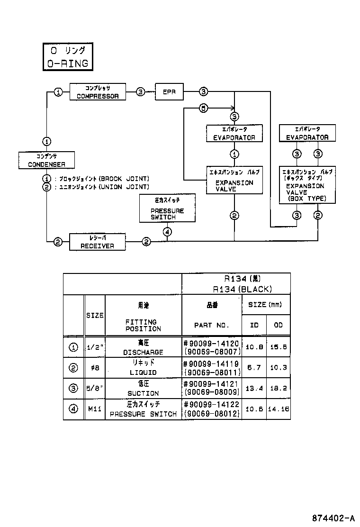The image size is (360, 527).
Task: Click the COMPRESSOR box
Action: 98,92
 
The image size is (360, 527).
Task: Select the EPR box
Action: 170,92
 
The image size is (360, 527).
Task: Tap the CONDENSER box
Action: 46,160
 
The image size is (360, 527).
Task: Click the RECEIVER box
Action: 98,242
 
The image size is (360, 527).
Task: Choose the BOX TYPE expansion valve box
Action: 307,185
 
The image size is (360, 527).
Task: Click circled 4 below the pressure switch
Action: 167,232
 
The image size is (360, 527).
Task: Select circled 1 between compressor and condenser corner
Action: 58,92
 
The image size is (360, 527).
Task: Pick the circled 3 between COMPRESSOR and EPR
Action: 141,92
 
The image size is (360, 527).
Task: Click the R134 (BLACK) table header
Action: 236,289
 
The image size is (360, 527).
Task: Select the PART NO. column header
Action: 212,325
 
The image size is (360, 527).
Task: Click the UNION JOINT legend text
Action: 124,187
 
